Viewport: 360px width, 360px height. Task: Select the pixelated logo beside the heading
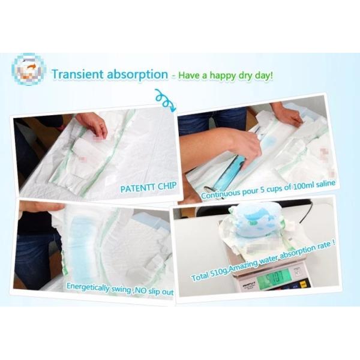(x=28, y=70)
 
